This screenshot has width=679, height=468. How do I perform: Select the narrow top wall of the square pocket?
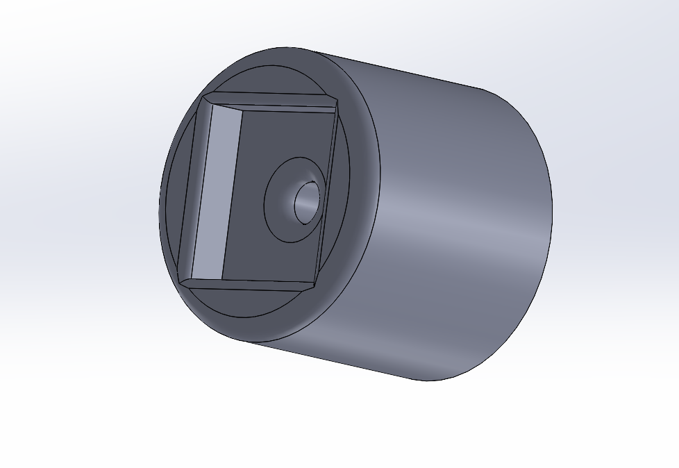[278, 101]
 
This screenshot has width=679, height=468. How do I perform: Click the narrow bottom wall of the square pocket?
[250, 285]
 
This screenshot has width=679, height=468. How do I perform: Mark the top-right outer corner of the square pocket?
[338, 97]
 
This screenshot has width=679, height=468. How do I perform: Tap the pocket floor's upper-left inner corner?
[242, 109]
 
